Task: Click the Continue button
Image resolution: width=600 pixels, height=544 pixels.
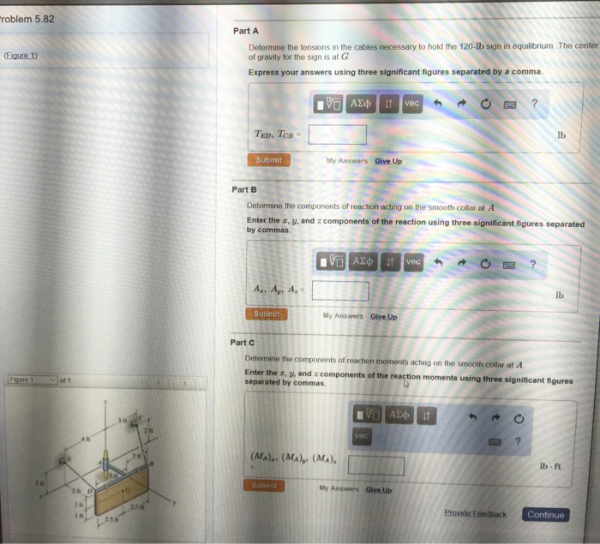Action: pos(545,515)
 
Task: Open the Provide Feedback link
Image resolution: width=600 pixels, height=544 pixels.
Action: pos(475,514)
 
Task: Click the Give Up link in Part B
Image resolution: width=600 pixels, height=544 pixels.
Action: pos(383,315)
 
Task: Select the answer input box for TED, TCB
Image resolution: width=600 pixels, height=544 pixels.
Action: pos(338,135)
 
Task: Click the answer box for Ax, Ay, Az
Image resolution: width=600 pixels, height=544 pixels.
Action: pos(340,290)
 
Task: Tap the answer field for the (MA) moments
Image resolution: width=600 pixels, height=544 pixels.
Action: pos(375,465)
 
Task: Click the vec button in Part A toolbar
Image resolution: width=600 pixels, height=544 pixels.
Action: pos(412,103)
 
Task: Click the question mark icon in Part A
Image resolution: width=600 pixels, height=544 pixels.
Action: pos(534,104)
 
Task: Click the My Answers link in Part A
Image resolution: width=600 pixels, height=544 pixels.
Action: pos(346,160)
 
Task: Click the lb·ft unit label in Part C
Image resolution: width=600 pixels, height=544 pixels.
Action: pos(550,466)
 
